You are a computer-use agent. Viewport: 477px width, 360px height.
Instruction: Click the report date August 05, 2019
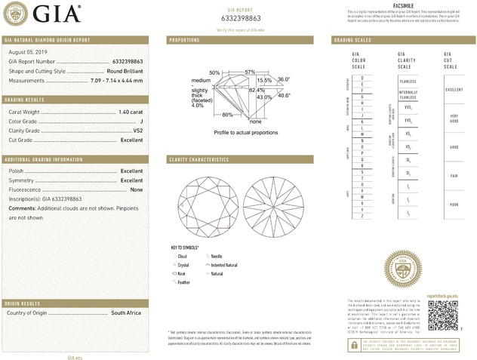point(26,51)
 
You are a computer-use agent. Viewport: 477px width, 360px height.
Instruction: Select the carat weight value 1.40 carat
point(131,112)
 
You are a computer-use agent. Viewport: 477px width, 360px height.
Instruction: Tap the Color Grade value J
point(141,121)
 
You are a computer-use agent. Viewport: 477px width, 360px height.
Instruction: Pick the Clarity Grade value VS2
point(137,130)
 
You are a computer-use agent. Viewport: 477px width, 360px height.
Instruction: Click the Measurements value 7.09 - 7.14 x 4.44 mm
point(116,78)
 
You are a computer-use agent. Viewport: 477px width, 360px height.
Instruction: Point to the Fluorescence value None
point(137,189)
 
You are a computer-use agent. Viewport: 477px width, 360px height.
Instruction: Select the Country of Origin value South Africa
point(127,312)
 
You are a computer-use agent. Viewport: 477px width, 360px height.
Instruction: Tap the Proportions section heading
point(183,39)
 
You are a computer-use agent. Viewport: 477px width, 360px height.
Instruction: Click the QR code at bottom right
point(442,314)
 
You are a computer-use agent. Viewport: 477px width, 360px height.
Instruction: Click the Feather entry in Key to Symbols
point(183,281)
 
